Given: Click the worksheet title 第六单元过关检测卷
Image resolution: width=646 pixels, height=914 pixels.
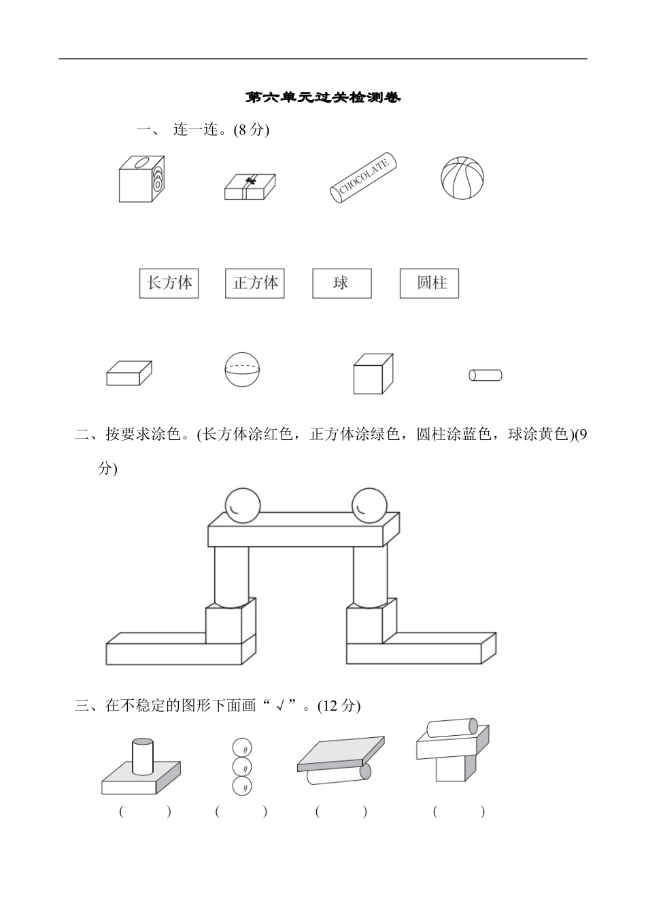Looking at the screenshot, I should click(x=323, y=97).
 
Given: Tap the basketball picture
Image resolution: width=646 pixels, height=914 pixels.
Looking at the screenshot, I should click(x=462, y=178).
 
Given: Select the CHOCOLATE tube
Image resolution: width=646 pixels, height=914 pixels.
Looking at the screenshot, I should click(x=363, y=177).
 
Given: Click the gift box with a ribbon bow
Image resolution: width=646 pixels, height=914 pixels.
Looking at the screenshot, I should click(x=250, y=186).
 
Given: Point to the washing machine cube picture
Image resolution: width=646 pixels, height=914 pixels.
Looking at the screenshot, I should click(x=141, y=179).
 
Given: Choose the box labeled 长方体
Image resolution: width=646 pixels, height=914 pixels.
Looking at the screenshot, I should click(x=169, y=283).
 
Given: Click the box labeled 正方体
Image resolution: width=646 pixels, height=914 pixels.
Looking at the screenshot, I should click(x=254, y=283).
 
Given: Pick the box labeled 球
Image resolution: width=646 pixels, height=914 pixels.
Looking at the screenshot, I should click(x=341, y=283).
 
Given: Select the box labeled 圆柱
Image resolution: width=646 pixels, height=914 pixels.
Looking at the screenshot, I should click(x=429, y=283).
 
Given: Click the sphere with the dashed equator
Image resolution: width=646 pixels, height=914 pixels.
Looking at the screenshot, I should click(x=242, y=370).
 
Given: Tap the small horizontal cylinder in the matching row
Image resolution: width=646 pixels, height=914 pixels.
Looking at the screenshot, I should click(x=485, y=375).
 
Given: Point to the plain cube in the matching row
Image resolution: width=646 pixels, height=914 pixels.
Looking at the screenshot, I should click(x=373, y=373).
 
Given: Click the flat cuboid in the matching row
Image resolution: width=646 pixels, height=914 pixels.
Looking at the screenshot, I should click(x=129, y=373).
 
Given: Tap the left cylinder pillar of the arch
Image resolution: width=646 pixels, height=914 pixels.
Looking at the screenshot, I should click(x=233, y=575).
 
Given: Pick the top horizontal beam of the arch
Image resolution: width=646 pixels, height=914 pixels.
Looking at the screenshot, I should click(x=303, y=530).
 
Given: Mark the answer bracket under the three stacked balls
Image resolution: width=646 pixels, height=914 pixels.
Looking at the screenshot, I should click(x=241, y=811).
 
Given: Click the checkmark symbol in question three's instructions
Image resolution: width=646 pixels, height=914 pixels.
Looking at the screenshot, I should click(x=279, y=707).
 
